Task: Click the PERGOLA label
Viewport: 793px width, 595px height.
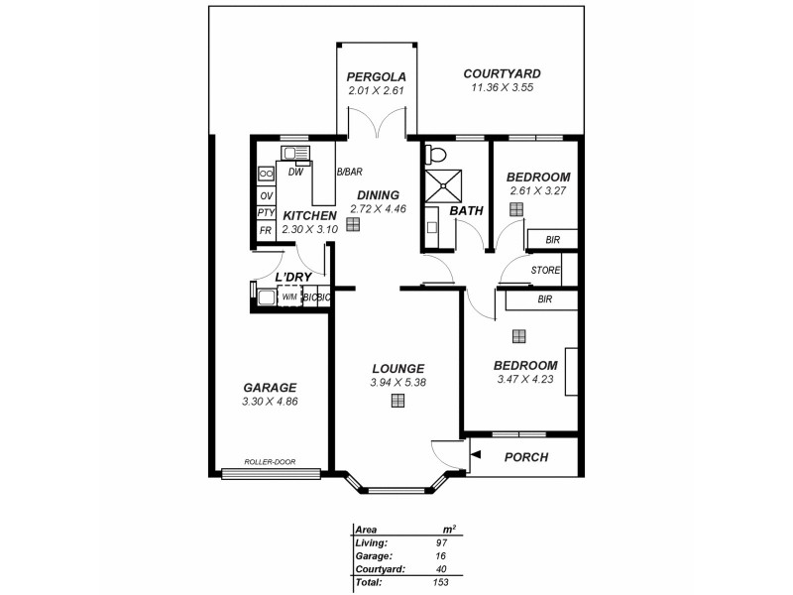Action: coord(376,77)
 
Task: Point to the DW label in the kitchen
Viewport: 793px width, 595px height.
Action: coord(294,172)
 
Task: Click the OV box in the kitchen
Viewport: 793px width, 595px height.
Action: coord(266,195)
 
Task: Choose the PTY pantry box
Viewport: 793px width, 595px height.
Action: coord(266,213)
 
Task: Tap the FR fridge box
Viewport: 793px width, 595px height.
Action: coord(266,230)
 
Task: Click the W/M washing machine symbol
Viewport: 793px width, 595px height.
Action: coord(289,296)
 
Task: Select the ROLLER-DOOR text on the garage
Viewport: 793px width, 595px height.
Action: coord(271,462)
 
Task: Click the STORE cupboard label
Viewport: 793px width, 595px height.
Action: coord(545,270)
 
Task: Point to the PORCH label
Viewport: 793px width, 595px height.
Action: coord(526,457)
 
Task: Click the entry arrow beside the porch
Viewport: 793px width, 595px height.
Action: coord(476,455)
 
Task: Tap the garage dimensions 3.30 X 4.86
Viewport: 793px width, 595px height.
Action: coord(270,402)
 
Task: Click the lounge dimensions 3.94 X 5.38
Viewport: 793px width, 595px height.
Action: coord(397,382)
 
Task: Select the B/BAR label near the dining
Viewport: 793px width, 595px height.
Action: coord(349,172)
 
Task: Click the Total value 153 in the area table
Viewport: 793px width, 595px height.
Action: coord(440,583)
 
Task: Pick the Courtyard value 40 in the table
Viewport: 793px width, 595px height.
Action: coord(440,569)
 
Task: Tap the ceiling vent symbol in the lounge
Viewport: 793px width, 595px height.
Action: coord(397,401)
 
